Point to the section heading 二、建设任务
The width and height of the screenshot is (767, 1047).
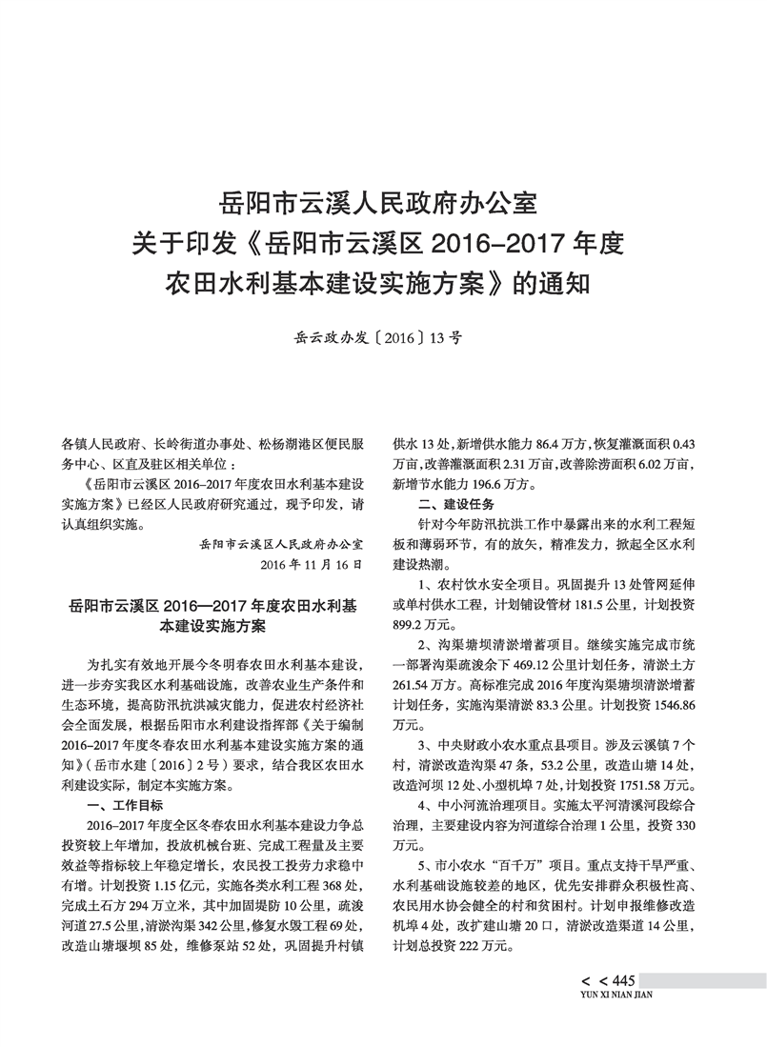454,503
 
